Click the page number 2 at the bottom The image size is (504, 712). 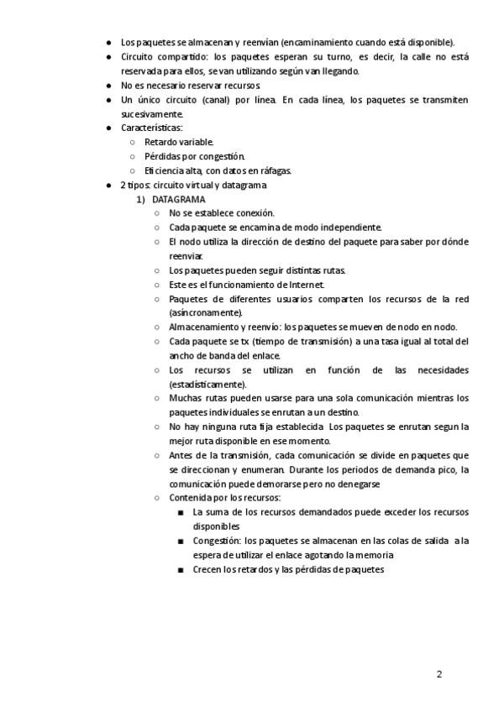(x=438, y=674)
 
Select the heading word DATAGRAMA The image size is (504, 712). (x=178, y=199)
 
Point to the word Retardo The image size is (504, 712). (x=160, y=142)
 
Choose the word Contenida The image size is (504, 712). (x=189, y=498)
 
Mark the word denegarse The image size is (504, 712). (x=359, y=484)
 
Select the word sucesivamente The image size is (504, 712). (x=152, y=113)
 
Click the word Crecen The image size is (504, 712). (x=207, y=569)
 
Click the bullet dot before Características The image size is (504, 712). (x=110, y=128)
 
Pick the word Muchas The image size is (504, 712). (x=186, y=398)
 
